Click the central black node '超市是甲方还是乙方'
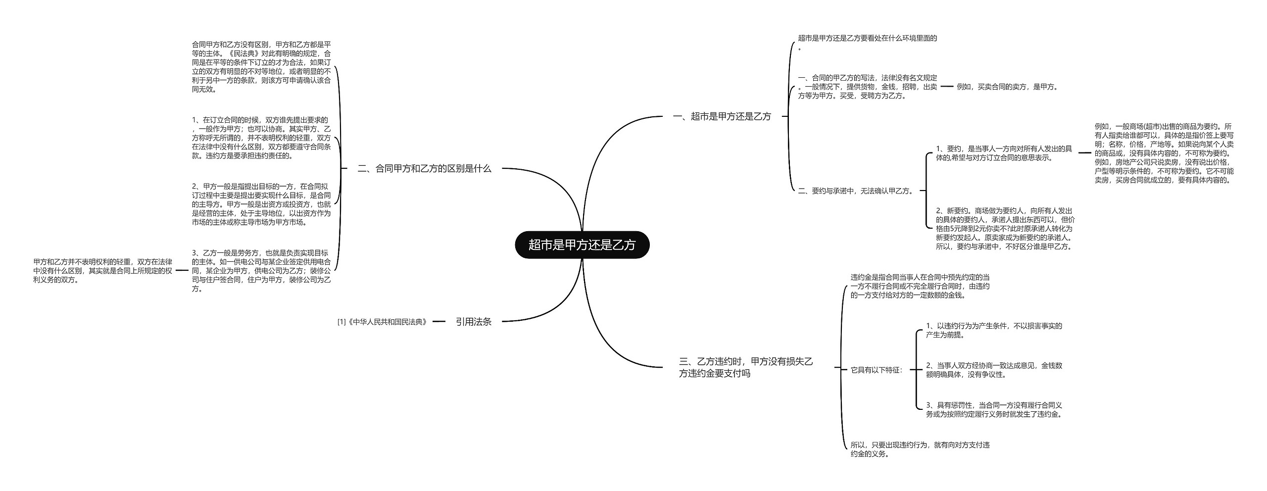pyautogui.click(x=582, y=245)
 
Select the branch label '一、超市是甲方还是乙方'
pyautogui.click(x=722, y=117)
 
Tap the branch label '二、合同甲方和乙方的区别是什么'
pyautogui.click(x=424, y=169)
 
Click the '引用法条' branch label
pyautogui.click(x=473, y=322)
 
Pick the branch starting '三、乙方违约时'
pyautogui.click(x=746, y=368)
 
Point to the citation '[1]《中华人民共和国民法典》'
pyautogui.click(x=382, y=322)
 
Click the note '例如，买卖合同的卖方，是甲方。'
pyautogui.click(x=1007, y=87)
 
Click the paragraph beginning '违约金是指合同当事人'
pyautogui.click(x=920, y=286)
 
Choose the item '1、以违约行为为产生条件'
pyautogui.click(x=994, y=330)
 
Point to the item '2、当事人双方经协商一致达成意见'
pyautogui.click(x=994, y=370)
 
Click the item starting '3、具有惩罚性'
pyautogui.click(x=994, y=410)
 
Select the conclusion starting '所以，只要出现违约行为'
pyautogui.click(x=920, y=449)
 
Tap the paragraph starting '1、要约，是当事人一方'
pyautogui.click(x=1004, y=153)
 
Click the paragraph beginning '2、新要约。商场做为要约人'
pyautogui.click(x=1005, y=228)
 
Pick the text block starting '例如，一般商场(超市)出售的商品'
pyautogui.click(x=1164, y=153)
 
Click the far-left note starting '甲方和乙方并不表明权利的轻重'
pyautogui.click(x=103, y=271)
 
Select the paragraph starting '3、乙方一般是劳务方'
pyautogui.click(x=261, y=271)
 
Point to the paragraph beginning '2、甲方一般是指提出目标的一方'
pyautogui.click(x=261, y=204)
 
